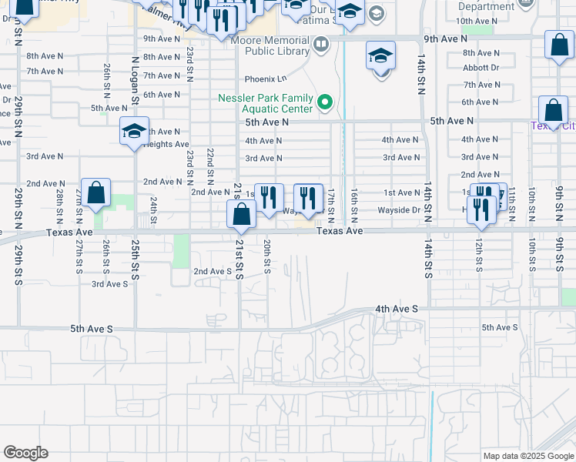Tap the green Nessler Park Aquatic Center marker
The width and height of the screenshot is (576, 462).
[326, 102]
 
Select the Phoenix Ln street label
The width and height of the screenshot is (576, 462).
[265, 79]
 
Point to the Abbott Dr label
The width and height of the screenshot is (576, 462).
[481, 67]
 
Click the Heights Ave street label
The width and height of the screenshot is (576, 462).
[166, 144]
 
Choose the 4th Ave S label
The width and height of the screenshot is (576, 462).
[397, 309]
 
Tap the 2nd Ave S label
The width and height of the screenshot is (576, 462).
[212, 271]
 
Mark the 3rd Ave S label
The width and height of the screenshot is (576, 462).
[109, 284]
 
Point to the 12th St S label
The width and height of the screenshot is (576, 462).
[478, 255]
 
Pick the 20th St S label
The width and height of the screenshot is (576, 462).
[266, 256]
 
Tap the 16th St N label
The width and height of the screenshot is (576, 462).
[353, 200]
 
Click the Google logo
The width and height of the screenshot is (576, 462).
[25, 453]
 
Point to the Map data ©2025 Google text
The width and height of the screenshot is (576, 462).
[527, 456]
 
